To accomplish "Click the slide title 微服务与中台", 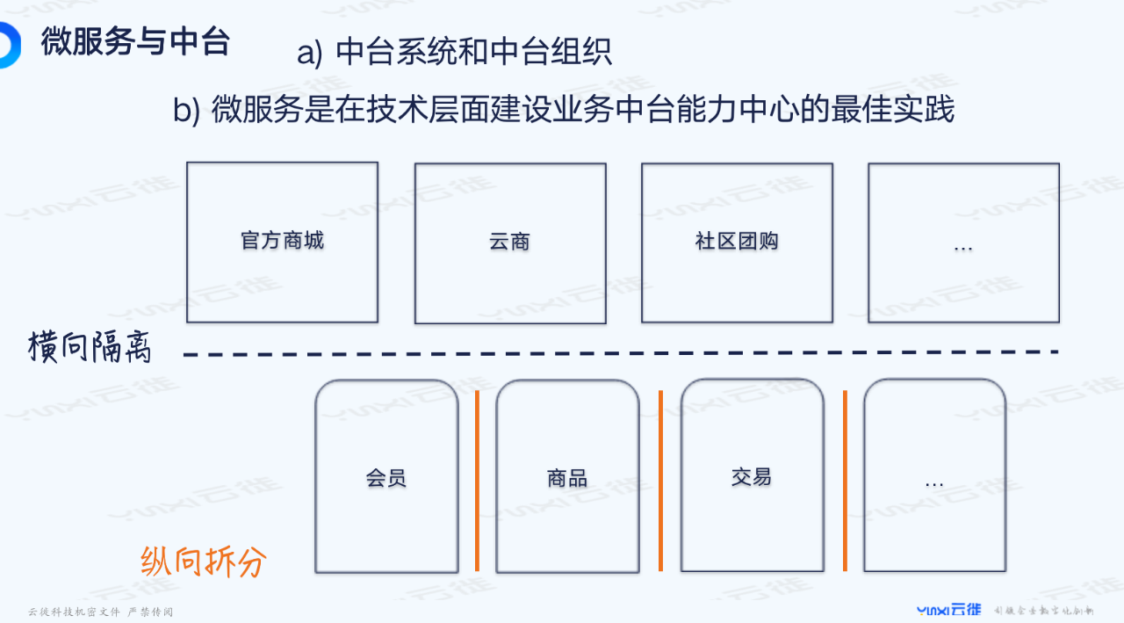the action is [x=135, y=41].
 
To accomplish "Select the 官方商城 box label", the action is [x=282, y=241].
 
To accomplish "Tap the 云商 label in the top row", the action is [x=510, y=242].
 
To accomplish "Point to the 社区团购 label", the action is [x=737, y=242].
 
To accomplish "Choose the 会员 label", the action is [x=386, y=478].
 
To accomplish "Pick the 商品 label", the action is [x=567, y=478].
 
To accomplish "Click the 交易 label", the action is [x=752, y=477].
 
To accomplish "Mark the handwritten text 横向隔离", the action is [x=90, y=348].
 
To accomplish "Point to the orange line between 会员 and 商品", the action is [x=478, y=480].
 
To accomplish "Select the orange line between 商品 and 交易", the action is [x=660, y=480].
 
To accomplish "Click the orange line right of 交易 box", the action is [x=845, y=480].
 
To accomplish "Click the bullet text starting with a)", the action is [x=454, y=53].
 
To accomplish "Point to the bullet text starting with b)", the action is [x=563, y=111].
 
